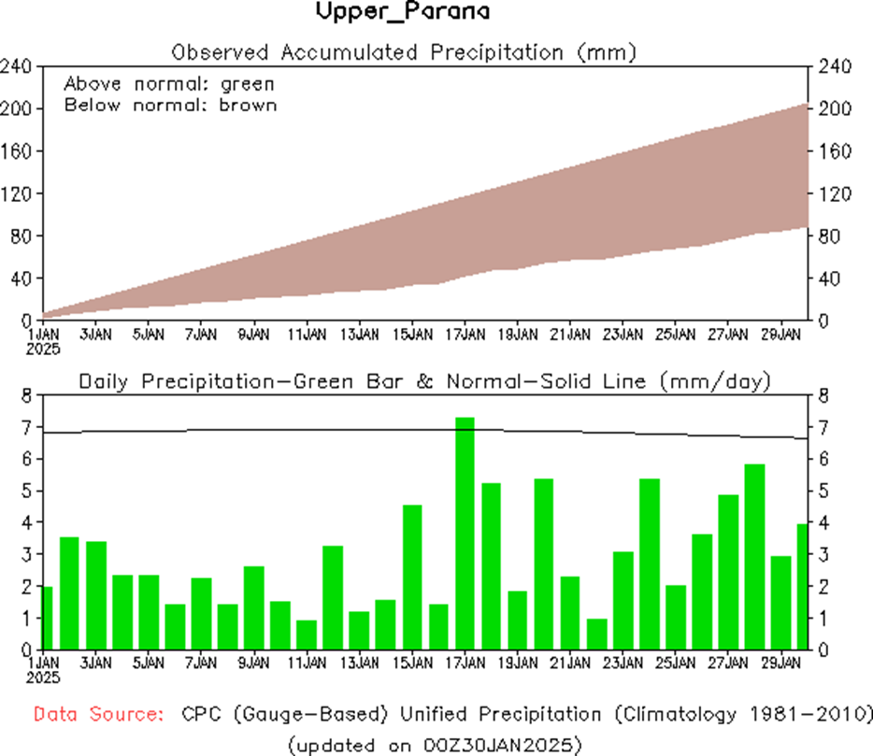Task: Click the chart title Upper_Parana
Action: [x=403, y=13]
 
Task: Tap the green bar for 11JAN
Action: [x=307, y=634]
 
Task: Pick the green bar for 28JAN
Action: [x=755, y=556]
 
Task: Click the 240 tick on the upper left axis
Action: [x=18, y=66]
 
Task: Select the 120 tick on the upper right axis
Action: [x=834, y=193]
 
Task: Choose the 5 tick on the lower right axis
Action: [x=823, y=491]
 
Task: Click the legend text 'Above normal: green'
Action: [x=169, y=83]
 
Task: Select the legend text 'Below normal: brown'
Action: [x=170, y=105]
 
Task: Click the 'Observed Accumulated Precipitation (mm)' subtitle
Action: [x=405, y=51]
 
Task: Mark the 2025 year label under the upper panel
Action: [x=44, y=349]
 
